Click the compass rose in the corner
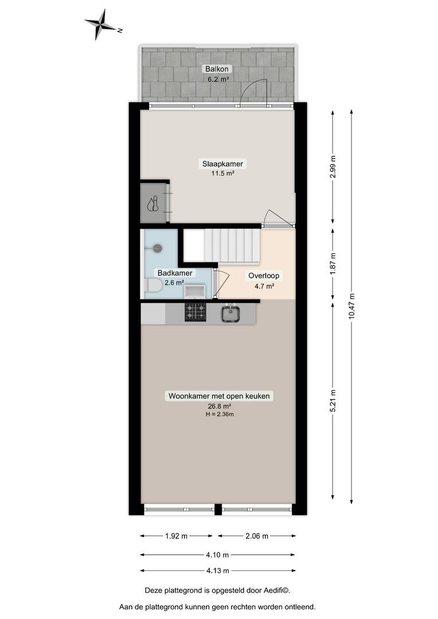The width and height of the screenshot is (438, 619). [101, 25]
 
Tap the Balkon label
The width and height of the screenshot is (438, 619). [217, 69]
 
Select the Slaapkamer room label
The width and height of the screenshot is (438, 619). [223, 163]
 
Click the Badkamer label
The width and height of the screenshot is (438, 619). [175, 273]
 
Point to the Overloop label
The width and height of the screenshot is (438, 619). [264, 276]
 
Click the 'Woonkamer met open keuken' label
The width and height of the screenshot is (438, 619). [219, 396]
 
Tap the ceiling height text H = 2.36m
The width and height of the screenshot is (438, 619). [220, 414]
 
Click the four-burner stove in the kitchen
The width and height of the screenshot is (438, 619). [195, 312]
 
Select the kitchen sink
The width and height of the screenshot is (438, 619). [230, 314]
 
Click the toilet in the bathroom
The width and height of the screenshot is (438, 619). [153, 285]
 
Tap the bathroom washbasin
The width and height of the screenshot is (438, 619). [195, 292]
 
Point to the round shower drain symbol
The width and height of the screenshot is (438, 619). [158, 248]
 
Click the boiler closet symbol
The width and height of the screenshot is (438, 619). [153, 203]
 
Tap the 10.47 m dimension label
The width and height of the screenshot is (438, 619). [352, 306]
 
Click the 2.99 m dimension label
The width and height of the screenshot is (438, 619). [333, 167]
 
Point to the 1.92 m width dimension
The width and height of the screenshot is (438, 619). [176, 536]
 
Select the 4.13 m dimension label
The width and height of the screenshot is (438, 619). [218, 570]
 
